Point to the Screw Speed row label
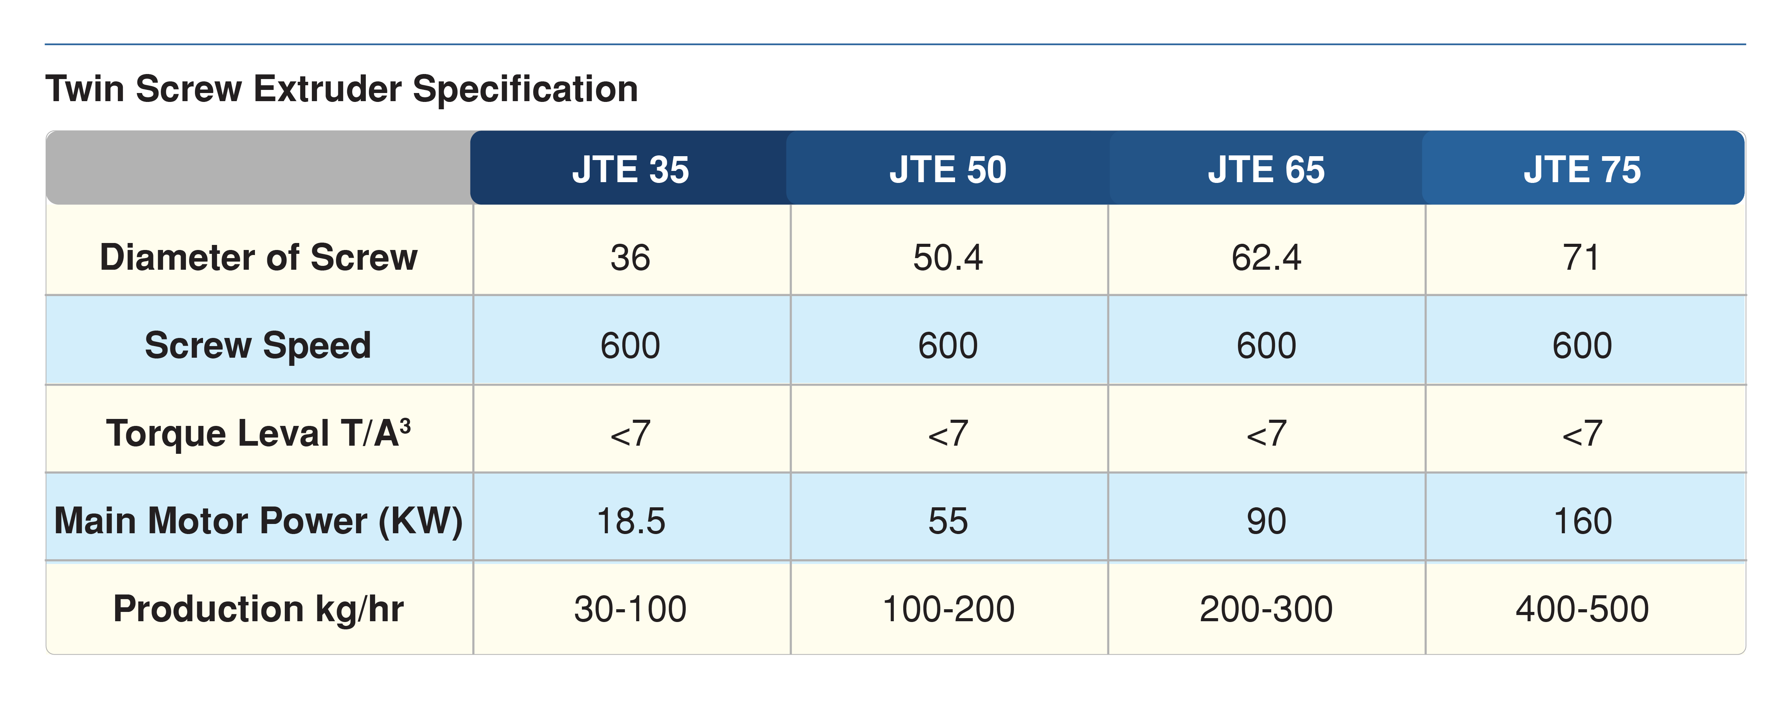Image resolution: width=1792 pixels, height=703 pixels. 258,345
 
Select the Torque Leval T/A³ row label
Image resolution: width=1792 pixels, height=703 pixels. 258,433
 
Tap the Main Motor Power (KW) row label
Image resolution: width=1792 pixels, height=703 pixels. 258,520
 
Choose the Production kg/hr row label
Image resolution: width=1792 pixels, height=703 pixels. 258,609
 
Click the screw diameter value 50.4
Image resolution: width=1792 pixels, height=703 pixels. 947,258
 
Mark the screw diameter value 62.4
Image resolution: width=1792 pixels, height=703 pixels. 1266,258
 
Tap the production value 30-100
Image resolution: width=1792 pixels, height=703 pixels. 630,609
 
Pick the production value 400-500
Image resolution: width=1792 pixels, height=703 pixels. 1582,609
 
